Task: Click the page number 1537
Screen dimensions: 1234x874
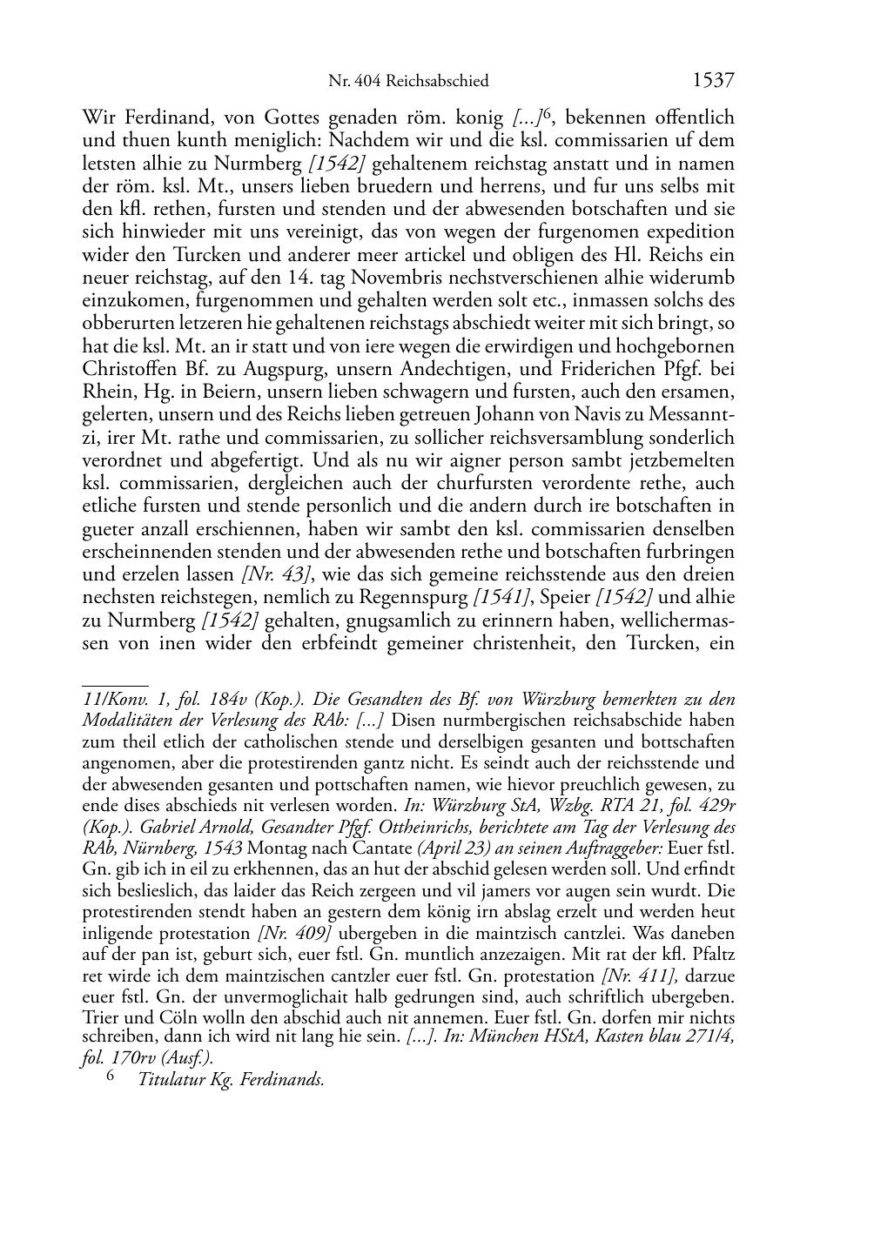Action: tap(713, 81)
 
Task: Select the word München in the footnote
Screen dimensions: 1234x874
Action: tap(505, 1036)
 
